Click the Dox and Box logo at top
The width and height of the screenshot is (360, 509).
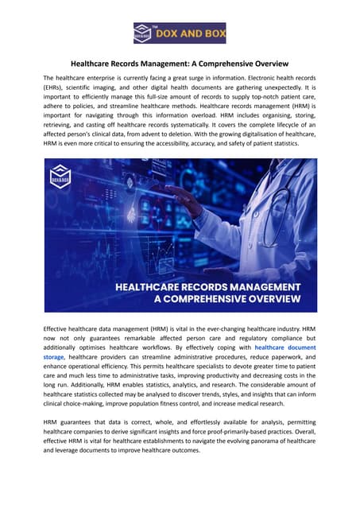click(179, 34)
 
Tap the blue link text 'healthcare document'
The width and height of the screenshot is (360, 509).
click(285, 348)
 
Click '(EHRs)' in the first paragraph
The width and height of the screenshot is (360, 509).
click(59, 90)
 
